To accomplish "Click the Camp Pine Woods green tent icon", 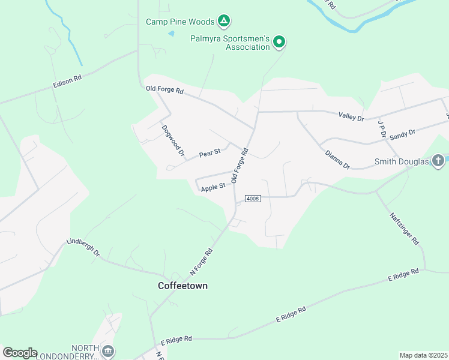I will pos(224,22).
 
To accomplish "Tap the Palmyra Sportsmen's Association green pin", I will pos(279,42).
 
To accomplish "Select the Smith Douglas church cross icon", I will pos(438,161).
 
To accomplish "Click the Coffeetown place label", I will pos(182,286).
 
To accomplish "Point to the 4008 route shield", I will pos(253,199).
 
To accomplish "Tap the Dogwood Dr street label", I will pos(172,140).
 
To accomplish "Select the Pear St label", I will pos(210,153).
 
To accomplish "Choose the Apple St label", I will pos(213,187).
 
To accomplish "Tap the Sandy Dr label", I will pos(402,134).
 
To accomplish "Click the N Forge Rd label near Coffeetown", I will pos(202,260).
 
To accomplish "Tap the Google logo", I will pos(20,353).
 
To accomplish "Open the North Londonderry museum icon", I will pos(108,350).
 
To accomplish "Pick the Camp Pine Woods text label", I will pos(180,22).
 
